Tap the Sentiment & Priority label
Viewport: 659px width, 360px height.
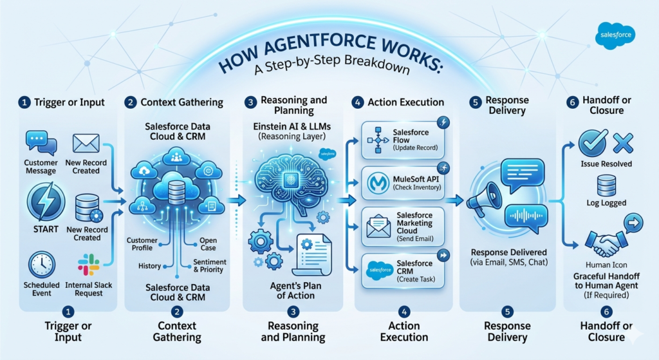(210, 266)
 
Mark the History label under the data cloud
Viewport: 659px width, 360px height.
(149, 266)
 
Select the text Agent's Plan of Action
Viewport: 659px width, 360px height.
(292, 290)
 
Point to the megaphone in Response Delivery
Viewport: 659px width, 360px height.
(484, 198)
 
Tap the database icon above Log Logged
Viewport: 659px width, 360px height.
(606, 186)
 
